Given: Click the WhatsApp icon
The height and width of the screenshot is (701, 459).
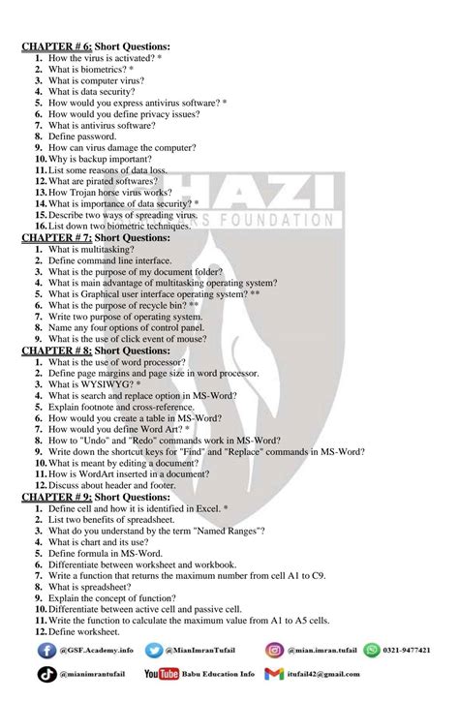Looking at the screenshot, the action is [371, 651].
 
